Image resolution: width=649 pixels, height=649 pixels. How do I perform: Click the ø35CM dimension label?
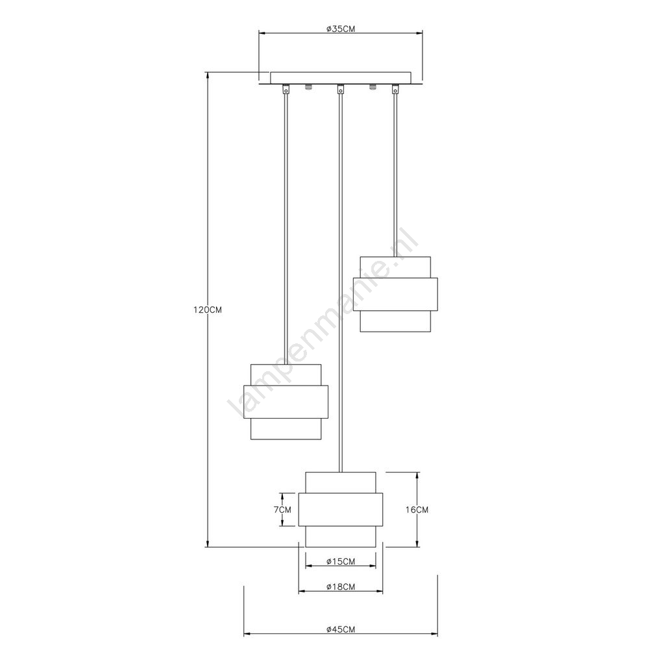[x=340, y=29]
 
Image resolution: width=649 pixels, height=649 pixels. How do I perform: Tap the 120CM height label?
[x=208, y=310]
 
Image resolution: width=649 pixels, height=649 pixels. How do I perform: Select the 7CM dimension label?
[x=282, y=509]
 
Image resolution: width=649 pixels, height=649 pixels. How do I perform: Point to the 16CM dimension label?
[x=417, y=509]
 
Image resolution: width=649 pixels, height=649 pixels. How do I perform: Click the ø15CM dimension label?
[x=341, y=561]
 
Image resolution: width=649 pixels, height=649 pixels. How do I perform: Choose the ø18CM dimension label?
[x=341, y=587]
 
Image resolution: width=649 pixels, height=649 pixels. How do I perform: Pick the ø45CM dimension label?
[x=341, y=630]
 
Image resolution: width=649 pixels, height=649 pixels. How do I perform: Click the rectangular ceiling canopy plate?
[x=341, y=78]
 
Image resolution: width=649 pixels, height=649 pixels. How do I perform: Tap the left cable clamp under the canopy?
[x=285, y=90]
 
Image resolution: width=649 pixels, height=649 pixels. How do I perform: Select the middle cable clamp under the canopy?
[x=340, y=90]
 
